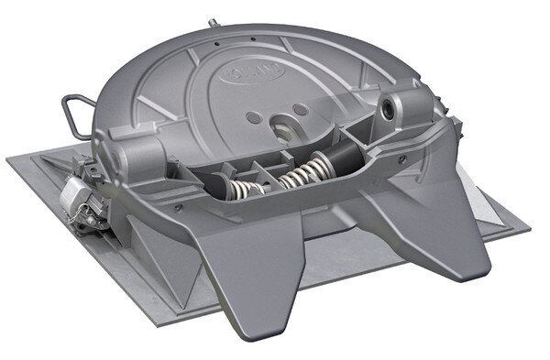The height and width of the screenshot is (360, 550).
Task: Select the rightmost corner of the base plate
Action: click(532, 221)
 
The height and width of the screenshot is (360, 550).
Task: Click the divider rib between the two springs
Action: click(274, 179)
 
